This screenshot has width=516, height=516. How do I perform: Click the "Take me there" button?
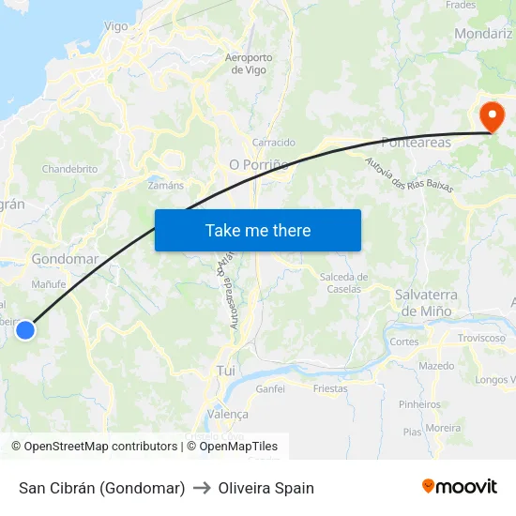258,230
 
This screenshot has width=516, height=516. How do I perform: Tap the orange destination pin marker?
491,117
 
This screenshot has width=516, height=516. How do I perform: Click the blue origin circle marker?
25,329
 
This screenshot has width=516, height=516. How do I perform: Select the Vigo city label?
116,26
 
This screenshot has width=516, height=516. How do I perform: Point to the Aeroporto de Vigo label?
249,64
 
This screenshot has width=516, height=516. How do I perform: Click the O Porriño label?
257,164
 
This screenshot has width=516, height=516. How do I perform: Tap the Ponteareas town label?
416,143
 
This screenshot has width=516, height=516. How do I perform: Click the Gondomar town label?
65,259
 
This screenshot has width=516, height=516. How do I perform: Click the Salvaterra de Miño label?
426,302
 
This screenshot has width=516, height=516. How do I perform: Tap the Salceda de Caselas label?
343,282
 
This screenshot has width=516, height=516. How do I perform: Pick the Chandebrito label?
69,169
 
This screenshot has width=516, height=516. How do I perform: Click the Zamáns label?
166,186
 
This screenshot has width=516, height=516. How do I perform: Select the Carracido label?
274,143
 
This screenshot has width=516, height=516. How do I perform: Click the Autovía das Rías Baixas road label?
408,174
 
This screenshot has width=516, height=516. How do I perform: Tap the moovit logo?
460,487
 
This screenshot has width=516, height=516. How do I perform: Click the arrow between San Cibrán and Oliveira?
202,488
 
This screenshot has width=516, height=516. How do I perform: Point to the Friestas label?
330,388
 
